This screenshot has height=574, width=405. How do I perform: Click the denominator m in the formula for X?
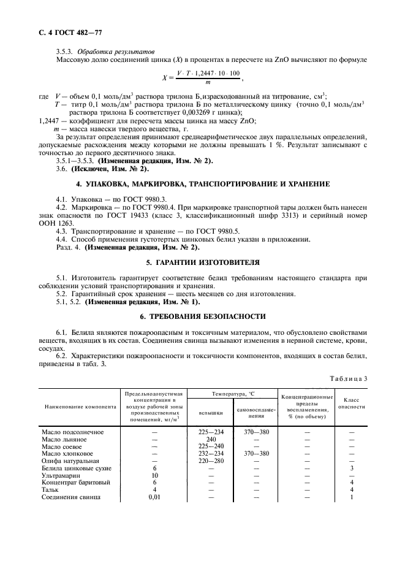point(208,82)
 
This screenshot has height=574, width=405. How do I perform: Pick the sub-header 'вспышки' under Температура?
point(211,413)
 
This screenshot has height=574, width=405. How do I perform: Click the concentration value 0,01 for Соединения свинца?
point(154,497)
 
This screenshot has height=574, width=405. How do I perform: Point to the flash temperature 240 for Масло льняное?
point(211,439)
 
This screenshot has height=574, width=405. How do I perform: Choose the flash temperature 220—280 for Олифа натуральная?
point(211,461)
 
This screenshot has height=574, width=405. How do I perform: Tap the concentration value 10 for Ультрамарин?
point(154,475)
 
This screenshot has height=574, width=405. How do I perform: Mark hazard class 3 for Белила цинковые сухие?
point(352,467)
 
